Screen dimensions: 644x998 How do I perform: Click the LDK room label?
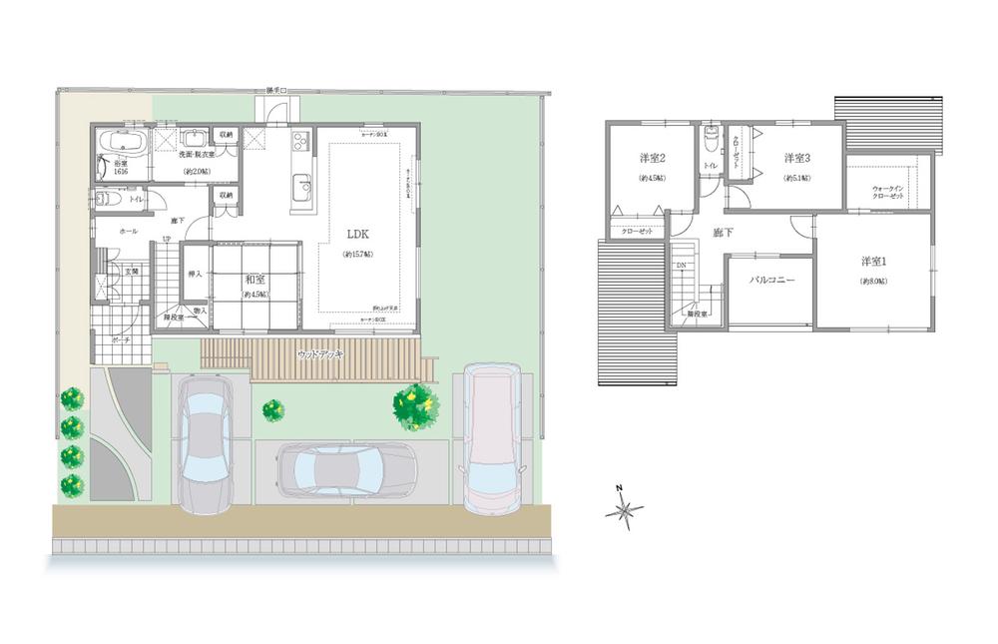[359, 234]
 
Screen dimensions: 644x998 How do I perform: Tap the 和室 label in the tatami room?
[254, 281]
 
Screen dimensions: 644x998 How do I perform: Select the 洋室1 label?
[875, 262]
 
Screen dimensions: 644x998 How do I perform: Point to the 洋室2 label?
[653, 158]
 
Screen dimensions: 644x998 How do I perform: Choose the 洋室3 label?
[796, 158]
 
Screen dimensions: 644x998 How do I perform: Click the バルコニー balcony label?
[771, 281]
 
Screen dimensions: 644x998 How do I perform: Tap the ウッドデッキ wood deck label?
[319, 354]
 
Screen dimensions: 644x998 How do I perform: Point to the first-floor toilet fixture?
[111, 199]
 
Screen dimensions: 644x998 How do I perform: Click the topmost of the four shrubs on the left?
[72, 398]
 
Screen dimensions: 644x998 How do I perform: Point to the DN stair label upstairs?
[681, 265]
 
